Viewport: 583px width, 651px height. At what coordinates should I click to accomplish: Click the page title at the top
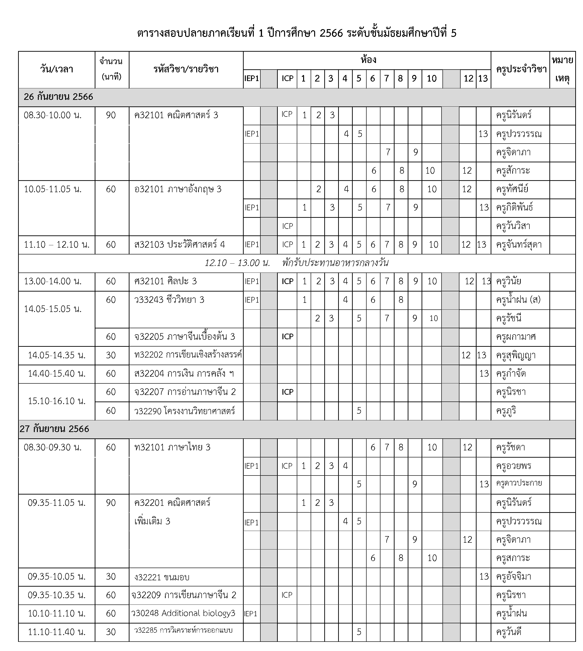[x=297, y=33]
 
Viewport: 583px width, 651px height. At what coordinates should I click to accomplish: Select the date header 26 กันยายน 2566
[x=58, y=97]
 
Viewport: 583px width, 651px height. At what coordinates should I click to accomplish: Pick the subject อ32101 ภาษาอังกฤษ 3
[x=178, y=189]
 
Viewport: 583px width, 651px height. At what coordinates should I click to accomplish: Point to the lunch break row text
[x=297, y=263]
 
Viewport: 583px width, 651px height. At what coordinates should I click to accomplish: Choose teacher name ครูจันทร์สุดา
[x=519, y=245]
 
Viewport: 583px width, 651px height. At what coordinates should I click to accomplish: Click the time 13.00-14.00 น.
[x=53, y=281]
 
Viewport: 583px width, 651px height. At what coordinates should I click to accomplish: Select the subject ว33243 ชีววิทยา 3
[x=169, y=300]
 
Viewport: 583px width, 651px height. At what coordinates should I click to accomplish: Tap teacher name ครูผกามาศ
[x=516, y=337]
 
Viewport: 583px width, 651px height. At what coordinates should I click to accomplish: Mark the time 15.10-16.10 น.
[x=57, y=401]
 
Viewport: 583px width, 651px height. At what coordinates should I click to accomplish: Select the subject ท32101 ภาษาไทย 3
[x=172, y=447]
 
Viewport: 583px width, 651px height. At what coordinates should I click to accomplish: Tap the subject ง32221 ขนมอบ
[x=162, y=577]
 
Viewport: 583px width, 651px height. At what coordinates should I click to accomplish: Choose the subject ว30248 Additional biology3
[x=183, y=613]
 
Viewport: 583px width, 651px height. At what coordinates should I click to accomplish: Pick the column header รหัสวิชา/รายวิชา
[x=186, y=69]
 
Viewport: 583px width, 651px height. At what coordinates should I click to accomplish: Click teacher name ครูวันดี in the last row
[x=509, y=632]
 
